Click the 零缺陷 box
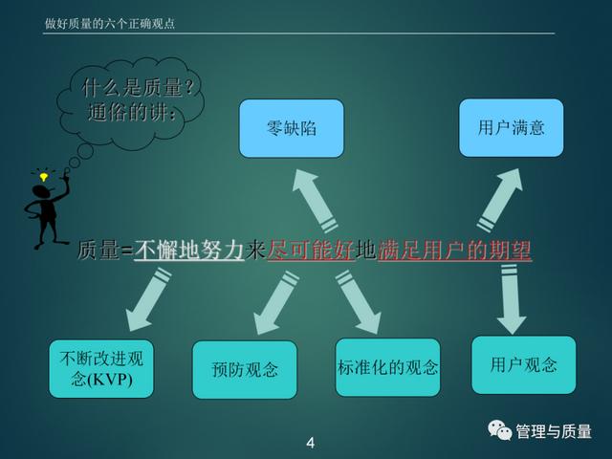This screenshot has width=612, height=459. click(x=292, y=128)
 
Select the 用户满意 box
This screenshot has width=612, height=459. click(x=511, y=127)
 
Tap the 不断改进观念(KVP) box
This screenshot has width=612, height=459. click(x=101, y=369)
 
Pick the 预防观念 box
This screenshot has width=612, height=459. click(x=245, y=370)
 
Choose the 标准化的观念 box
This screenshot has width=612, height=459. click(x=387, y=367)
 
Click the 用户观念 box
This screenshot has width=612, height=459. click(x=524, y=365)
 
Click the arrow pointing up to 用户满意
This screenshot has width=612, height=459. click(x=500, y=200)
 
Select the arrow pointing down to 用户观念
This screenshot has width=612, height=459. click(x=511, y=299)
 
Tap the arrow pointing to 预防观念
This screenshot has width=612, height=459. click(x=275, y=303)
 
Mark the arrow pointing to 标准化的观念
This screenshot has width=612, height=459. click(x=359, y=302)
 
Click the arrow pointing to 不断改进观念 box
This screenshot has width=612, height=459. click(x=148, y=299)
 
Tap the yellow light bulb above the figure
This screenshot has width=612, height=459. click(x=44, y=177)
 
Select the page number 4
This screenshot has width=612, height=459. click(x=310, y=443)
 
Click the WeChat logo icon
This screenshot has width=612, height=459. click(x=499, y=430)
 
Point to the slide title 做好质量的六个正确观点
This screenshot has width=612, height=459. click(x=110, y=24)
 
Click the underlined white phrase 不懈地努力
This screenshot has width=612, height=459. click(x=189, y=250)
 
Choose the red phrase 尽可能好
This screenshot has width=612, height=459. click(x=311, y=250)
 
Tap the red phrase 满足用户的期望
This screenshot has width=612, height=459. click(x=455, y=250)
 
